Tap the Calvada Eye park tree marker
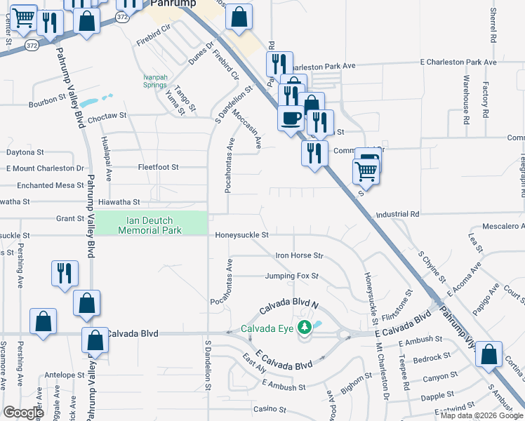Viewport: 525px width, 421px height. (304, 328)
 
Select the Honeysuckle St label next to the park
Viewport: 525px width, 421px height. (242, 235)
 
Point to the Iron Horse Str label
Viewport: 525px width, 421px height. (299, 255)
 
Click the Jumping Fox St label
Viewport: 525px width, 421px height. (292, 276)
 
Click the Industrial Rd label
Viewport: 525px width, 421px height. (397, 213)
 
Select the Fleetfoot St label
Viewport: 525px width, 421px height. (159, 167)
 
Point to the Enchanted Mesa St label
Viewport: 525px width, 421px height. (50, 185)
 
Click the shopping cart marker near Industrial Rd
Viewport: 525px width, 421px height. (366, 170)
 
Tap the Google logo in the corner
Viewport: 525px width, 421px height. (23, 413)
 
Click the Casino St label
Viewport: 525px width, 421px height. (271, 409)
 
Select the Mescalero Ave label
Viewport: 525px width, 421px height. (503, 227)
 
